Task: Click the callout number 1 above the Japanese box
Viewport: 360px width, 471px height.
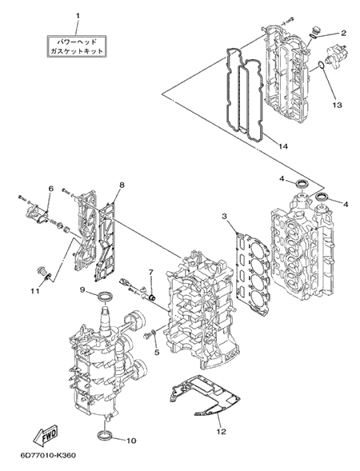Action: tap(78, 16)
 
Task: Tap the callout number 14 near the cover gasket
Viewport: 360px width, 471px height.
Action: tap(282, 146)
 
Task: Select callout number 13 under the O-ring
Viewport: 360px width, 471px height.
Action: tap(337, 105)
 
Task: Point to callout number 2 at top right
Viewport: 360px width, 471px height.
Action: tap(343, 33)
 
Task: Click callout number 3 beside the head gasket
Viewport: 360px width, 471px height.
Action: tap(224, 216)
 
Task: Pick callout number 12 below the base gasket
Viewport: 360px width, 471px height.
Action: tap(221, 432)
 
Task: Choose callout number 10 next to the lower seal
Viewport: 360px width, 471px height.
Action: tap(131, 441)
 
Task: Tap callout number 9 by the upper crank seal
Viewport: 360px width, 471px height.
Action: tap(82, 289)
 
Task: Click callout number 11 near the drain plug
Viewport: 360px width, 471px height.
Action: tap(36, 291)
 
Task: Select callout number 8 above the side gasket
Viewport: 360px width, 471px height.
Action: tap(122, 185)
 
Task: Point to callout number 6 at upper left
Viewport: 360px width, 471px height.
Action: tap(50, 189)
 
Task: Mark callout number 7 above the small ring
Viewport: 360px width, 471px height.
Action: tap(151, 272)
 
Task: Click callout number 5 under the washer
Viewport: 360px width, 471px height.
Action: tap(157, 352)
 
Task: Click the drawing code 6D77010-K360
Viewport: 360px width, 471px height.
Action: tap(48, 455)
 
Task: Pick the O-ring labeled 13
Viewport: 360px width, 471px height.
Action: tap(321, 65)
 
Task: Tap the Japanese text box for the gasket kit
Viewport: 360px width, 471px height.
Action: tap(77, 46)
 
